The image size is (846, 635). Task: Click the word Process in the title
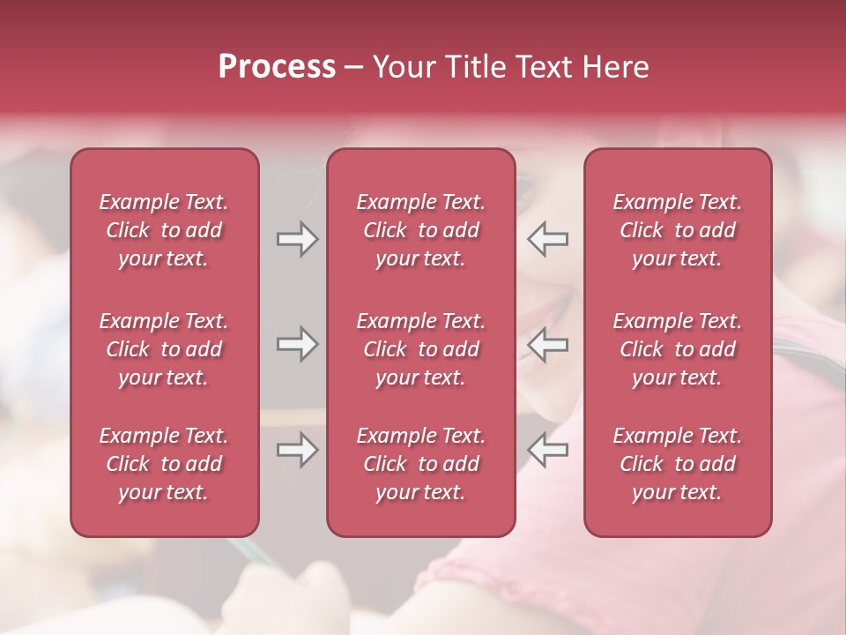click(x=277, y=67)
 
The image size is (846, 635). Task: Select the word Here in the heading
click(x=615, y=67)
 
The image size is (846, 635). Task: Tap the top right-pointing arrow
click(x=297, y=239)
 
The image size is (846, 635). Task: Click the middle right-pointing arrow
click(x=297, y=344)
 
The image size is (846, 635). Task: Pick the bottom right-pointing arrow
click(x=297, y=451)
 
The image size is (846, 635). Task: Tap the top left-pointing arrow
click(x=548, y=239)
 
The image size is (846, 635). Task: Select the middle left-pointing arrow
click(x=548, y=344)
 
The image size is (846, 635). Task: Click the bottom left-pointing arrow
click(x=548, y=451)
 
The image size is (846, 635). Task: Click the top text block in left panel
click(x=164, y=230)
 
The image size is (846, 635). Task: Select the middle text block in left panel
click(x=164, y=349)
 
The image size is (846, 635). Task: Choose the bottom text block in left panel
click(x=164, y=464)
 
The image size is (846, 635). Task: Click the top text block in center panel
click(x=420, y=230)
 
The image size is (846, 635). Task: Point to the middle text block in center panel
click(x=420, y=349)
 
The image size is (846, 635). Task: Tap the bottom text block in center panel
click(x=420, y=464)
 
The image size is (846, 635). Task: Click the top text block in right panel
click(x=677, y=230)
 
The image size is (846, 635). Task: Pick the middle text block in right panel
click(x=677, y=349)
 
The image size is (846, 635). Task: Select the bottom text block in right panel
click(x=677, y=464)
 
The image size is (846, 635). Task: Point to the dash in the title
click(x=354, y=68)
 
